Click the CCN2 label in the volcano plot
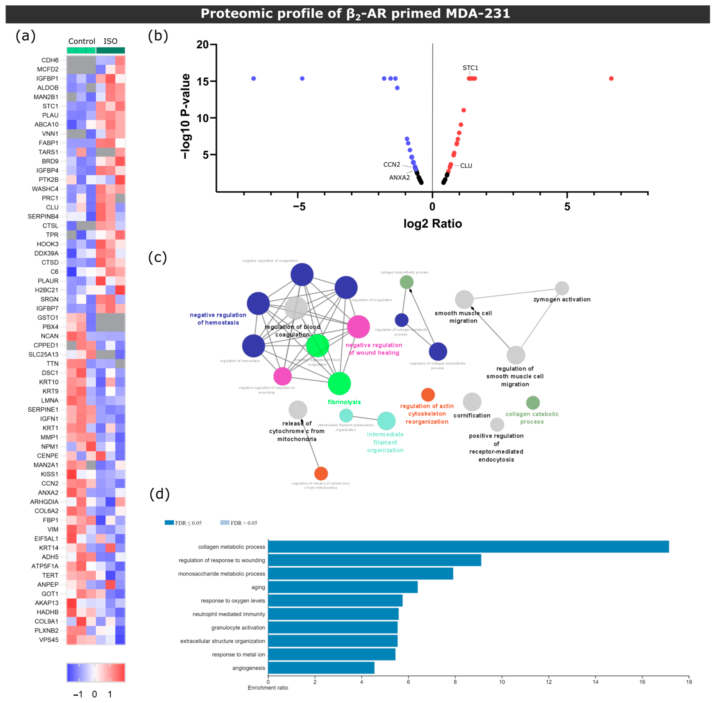(392, 165)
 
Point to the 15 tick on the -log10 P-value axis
(203, 81)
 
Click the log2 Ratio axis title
(433, 224)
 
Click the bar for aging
(343, 587)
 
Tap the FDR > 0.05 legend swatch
(224, 522)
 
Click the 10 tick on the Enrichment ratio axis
(502, 682)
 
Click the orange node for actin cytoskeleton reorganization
(428, 395)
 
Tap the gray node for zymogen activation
(562, 288)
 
